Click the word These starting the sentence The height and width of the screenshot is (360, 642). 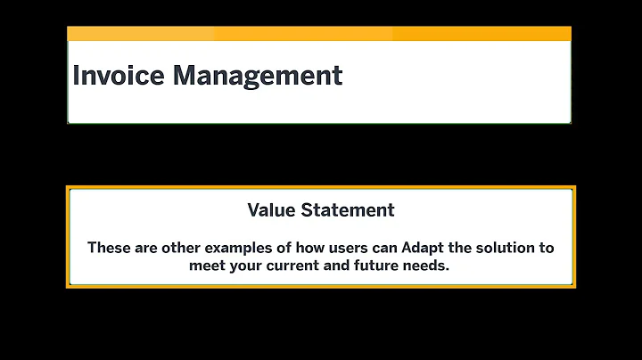point(109,248)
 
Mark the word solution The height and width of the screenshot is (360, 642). point(505,248)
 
